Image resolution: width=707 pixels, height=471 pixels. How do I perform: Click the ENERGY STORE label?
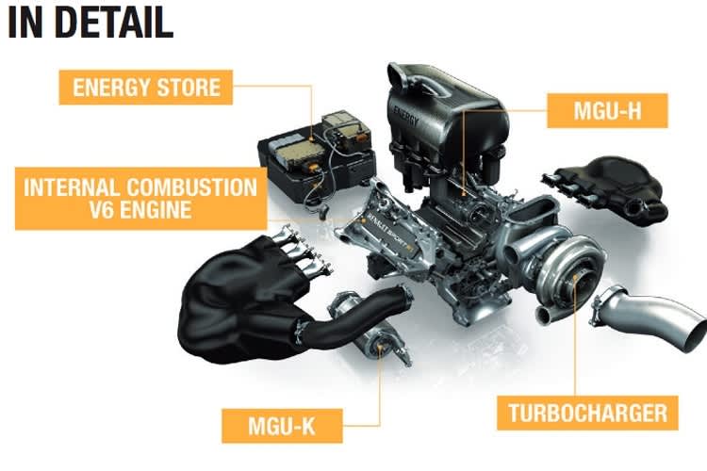(147, 89)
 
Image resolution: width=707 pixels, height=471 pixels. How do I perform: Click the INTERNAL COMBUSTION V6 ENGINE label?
(139, 198)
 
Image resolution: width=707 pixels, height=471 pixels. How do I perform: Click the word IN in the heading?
(25, 24)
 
